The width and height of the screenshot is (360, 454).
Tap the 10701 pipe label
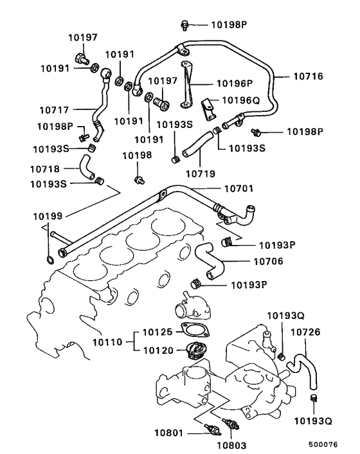(x=239, y=189)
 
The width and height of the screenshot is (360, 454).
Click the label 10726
(x=306, y=332)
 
